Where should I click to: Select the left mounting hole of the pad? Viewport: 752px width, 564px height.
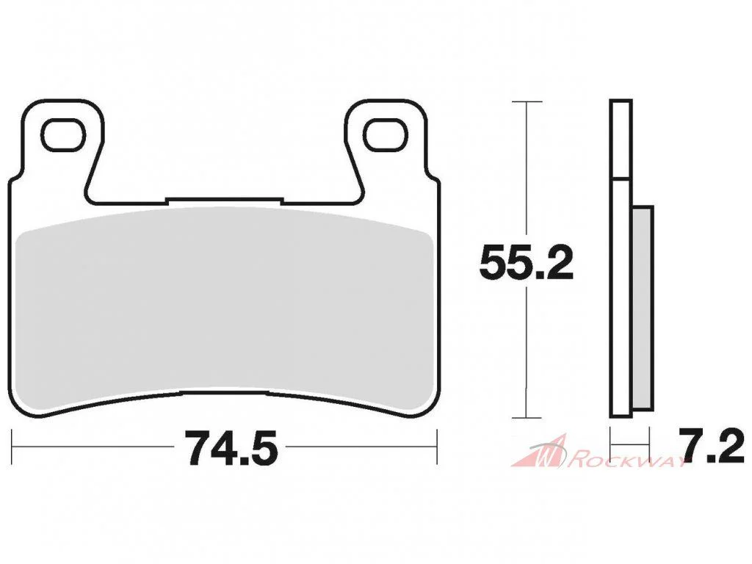64,134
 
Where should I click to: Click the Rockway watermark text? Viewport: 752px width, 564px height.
629,461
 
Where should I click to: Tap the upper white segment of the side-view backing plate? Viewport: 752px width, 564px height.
621,140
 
